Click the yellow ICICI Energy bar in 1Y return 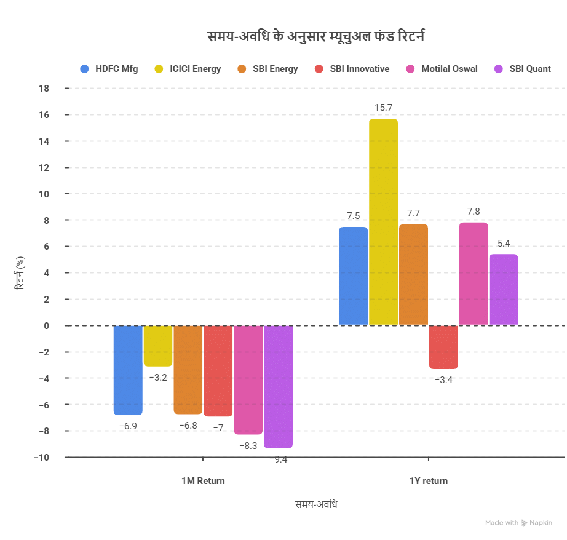[x=383, y=221]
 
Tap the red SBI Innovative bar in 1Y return [x=443, y=347]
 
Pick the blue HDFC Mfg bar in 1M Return [x=128, y=370]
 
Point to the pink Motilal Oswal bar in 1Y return [x=474, y=273]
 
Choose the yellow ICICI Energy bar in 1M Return [x=158, y=346]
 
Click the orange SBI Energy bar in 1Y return [x=413, y=274]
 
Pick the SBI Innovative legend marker [x=319, y=69]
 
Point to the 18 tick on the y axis [x=44, y=89]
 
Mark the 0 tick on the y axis [x=46, y=326]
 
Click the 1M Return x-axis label [x=203, y=481]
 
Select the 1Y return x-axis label [x=429, y=481]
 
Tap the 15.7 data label [x=383, y=108]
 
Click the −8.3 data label [x=248, y=445]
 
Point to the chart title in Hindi [x=317, y=37]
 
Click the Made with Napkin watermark [x=518, y=523]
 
